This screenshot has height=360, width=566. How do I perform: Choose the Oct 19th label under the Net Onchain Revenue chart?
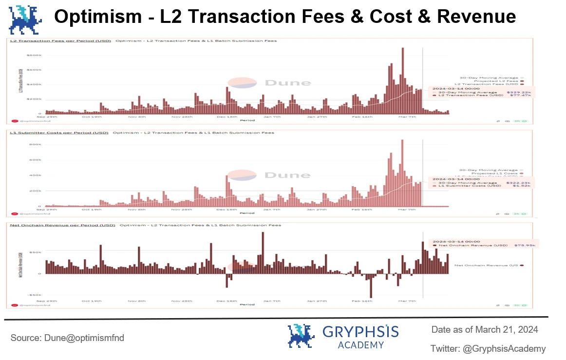point(92,301)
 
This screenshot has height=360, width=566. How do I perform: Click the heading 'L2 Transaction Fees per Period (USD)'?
point(59,41)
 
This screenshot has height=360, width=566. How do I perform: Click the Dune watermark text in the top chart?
point(287,83)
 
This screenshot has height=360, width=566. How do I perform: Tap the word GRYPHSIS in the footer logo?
point(360,333)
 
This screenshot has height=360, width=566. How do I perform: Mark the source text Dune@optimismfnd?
point(68,338)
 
